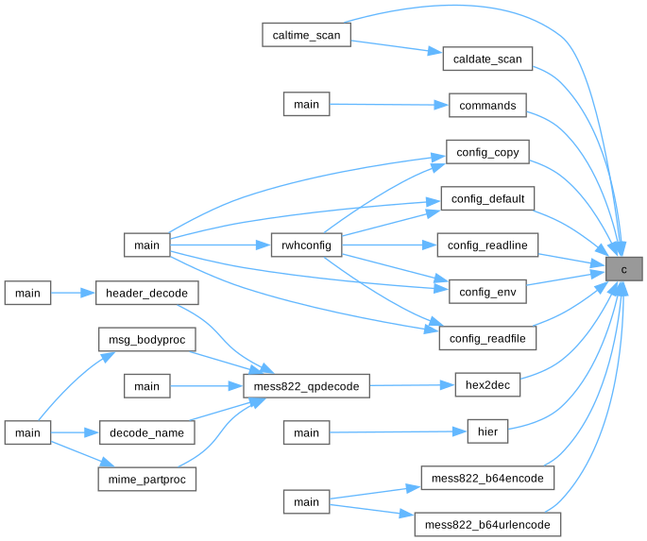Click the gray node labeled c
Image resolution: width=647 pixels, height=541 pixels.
pyautogui.click(x=623, y=269)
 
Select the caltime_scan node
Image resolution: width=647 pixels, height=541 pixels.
pyautogui.click(x=306, y=34)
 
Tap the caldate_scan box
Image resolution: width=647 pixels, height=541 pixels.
pyautogui.click(x=487, y=58)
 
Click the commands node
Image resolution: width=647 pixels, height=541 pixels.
pyautogui.click(x=486, y=105)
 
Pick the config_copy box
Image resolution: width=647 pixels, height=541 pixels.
pyautogui.click(x=486, y=151)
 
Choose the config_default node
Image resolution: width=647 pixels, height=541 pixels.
pyautogui.click(x=487, y=198)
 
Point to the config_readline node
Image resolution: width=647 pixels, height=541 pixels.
pyautogui.click(x=487, y=245)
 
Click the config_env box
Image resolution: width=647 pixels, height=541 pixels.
pyautogui.click(x=486, y=292)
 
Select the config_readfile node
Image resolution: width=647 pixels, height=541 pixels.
pyautogui.click(x=487, y=338)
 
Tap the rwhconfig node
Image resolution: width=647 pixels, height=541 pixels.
pyautogui.click(x=305, y=245)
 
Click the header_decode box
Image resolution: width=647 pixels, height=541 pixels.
pyautogui.click(x=147, y=293)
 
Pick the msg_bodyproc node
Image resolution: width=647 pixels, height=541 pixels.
pyautogui.click(x=146, y=339)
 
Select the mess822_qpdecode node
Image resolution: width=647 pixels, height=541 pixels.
pyautogui.click(x=305, y=385)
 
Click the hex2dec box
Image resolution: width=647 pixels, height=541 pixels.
pyautogui.click(x=487, y=385)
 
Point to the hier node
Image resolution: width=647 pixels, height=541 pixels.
pyautogui.click(x=487, y=432)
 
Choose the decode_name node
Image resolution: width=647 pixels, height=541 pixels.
pyautogui.click(x=146, y=432)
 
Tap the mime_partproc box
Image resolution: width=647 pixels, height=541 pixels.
pyautogui.click(x=146, y=479)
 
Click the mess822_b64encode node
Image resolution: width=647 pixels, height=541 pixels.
pyautogui.click(x=487, y=479)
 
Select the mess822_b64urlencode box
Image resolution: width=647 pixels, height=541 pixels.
pyautogui.click(x=487, y=525)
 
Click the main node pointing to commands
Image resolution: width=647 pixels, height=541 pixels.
pyautogui.click(x=306, y=105)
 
